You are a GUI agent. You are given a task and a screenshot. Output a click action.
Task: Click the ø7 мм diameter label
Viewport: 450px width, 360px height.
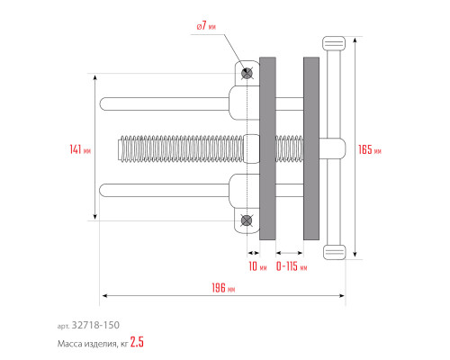pyautogui.click(x=206, y=26)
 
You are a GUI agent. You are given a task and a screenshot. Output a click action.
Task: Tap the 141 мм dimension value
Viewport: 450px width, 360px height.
pyautogui.click(x=80, y=149)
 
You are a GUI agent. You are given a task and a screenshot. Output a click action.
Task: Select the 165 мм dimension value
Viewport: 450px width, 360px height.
pyautogui.click(x=370, y=149)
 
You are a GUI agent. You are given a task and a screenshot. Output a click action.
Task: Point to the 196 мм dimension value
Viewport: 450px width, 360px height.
pyautogui.click(x=223, y=288)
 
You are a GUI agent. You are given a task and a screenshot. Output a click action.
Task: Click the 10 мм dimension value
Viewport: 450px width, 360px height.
pyautogui.click(x=257, y=266)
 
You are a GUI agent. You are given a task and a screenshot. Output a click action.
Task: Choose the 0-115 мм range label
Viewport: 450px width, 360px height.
pyautogui.click(x=292, y=266)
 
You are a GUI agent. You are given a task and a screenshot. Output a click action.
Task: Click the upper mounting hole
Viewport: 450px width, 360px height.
pyautogui.click(x=247, y=73)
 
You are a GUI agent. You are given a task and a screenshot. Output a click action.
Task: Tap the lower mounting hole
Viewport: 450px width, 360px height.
pyautogui.click(x=247, y=220)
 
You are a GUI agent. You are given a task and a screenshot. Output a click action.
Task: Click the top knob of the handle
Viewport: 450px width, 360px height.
pyautogui.click(x=334, y=43)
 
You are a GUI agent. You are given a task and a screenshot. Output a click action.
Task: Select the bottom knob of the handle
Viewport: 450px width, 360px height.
pyautogui.click(x=334, y=252)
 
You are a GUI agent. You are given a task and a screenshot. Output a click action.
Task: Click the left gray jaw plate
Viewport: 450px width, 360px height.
pyautogui.click(x=267, y=148)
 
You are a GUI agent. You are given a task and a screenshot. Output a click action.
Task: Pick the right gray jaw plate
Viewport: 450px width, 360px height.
pyautogui.click(x=311, y=148)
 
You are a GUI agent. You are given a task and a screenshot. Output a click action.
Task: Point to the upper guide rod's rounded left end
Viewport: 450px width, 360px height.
pyautogui.click(x=103, y=104)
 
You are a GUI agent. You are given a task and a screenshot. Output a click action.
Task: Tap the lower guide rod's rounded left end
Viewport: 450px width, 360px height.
pyautogui.click(x=103, y=190)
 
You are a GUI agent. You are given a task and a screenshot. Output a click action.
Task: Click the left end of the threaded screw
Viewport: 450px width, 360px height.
pyautogui.click(x=120, y=148)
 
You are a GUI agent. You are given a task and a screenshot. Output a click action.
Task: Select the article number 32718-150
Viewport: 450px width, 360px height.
pyautogui.click(x=95, y=325)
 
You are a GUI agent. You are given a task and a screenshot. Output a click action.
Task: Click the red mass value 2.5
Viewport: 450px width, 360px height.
pyautogui.click(x=137, y=342)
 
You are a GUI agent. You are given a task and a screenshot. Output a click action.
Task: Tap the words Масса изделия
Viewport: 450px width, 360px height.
pyautogui.click(x=87, y=344)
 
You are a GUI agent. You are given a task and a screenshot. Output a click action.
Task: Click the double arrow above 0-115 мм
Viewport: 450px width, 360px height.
pyautogui.click(x=290, y=253)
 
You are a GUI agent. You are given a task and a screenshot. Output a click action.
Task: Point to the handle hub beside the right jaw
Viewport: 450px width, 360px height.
pyautogui.click(x=332, y=148)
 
